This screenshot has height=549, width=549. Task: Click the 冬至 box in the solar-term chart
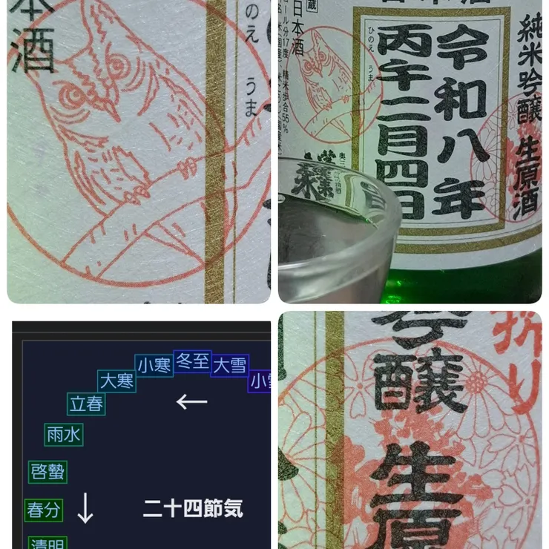coord(192,361)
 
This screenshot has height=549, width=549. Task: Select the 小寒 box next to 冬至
coord(154,365)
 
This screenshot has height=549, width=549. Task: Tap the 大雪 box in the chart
coord(230,365)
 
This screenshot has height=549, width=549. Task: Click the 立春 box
coord(86,404)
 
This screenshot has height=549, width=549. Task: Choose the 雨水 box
coord(63,435)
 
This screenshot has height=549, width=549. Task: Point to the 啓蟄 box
coord(47,472)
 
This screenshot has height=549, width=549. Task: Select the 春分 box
coord(44,510)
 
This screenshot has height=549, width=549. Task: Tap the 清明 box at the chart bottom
coord(47,543)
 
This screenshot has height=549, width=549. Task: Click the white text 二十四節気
coord(193,508)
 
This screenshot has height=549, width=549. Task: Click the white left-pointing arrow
coord(191,401)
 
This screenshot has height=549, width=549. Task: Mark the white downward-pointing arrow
coord(85,508)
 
